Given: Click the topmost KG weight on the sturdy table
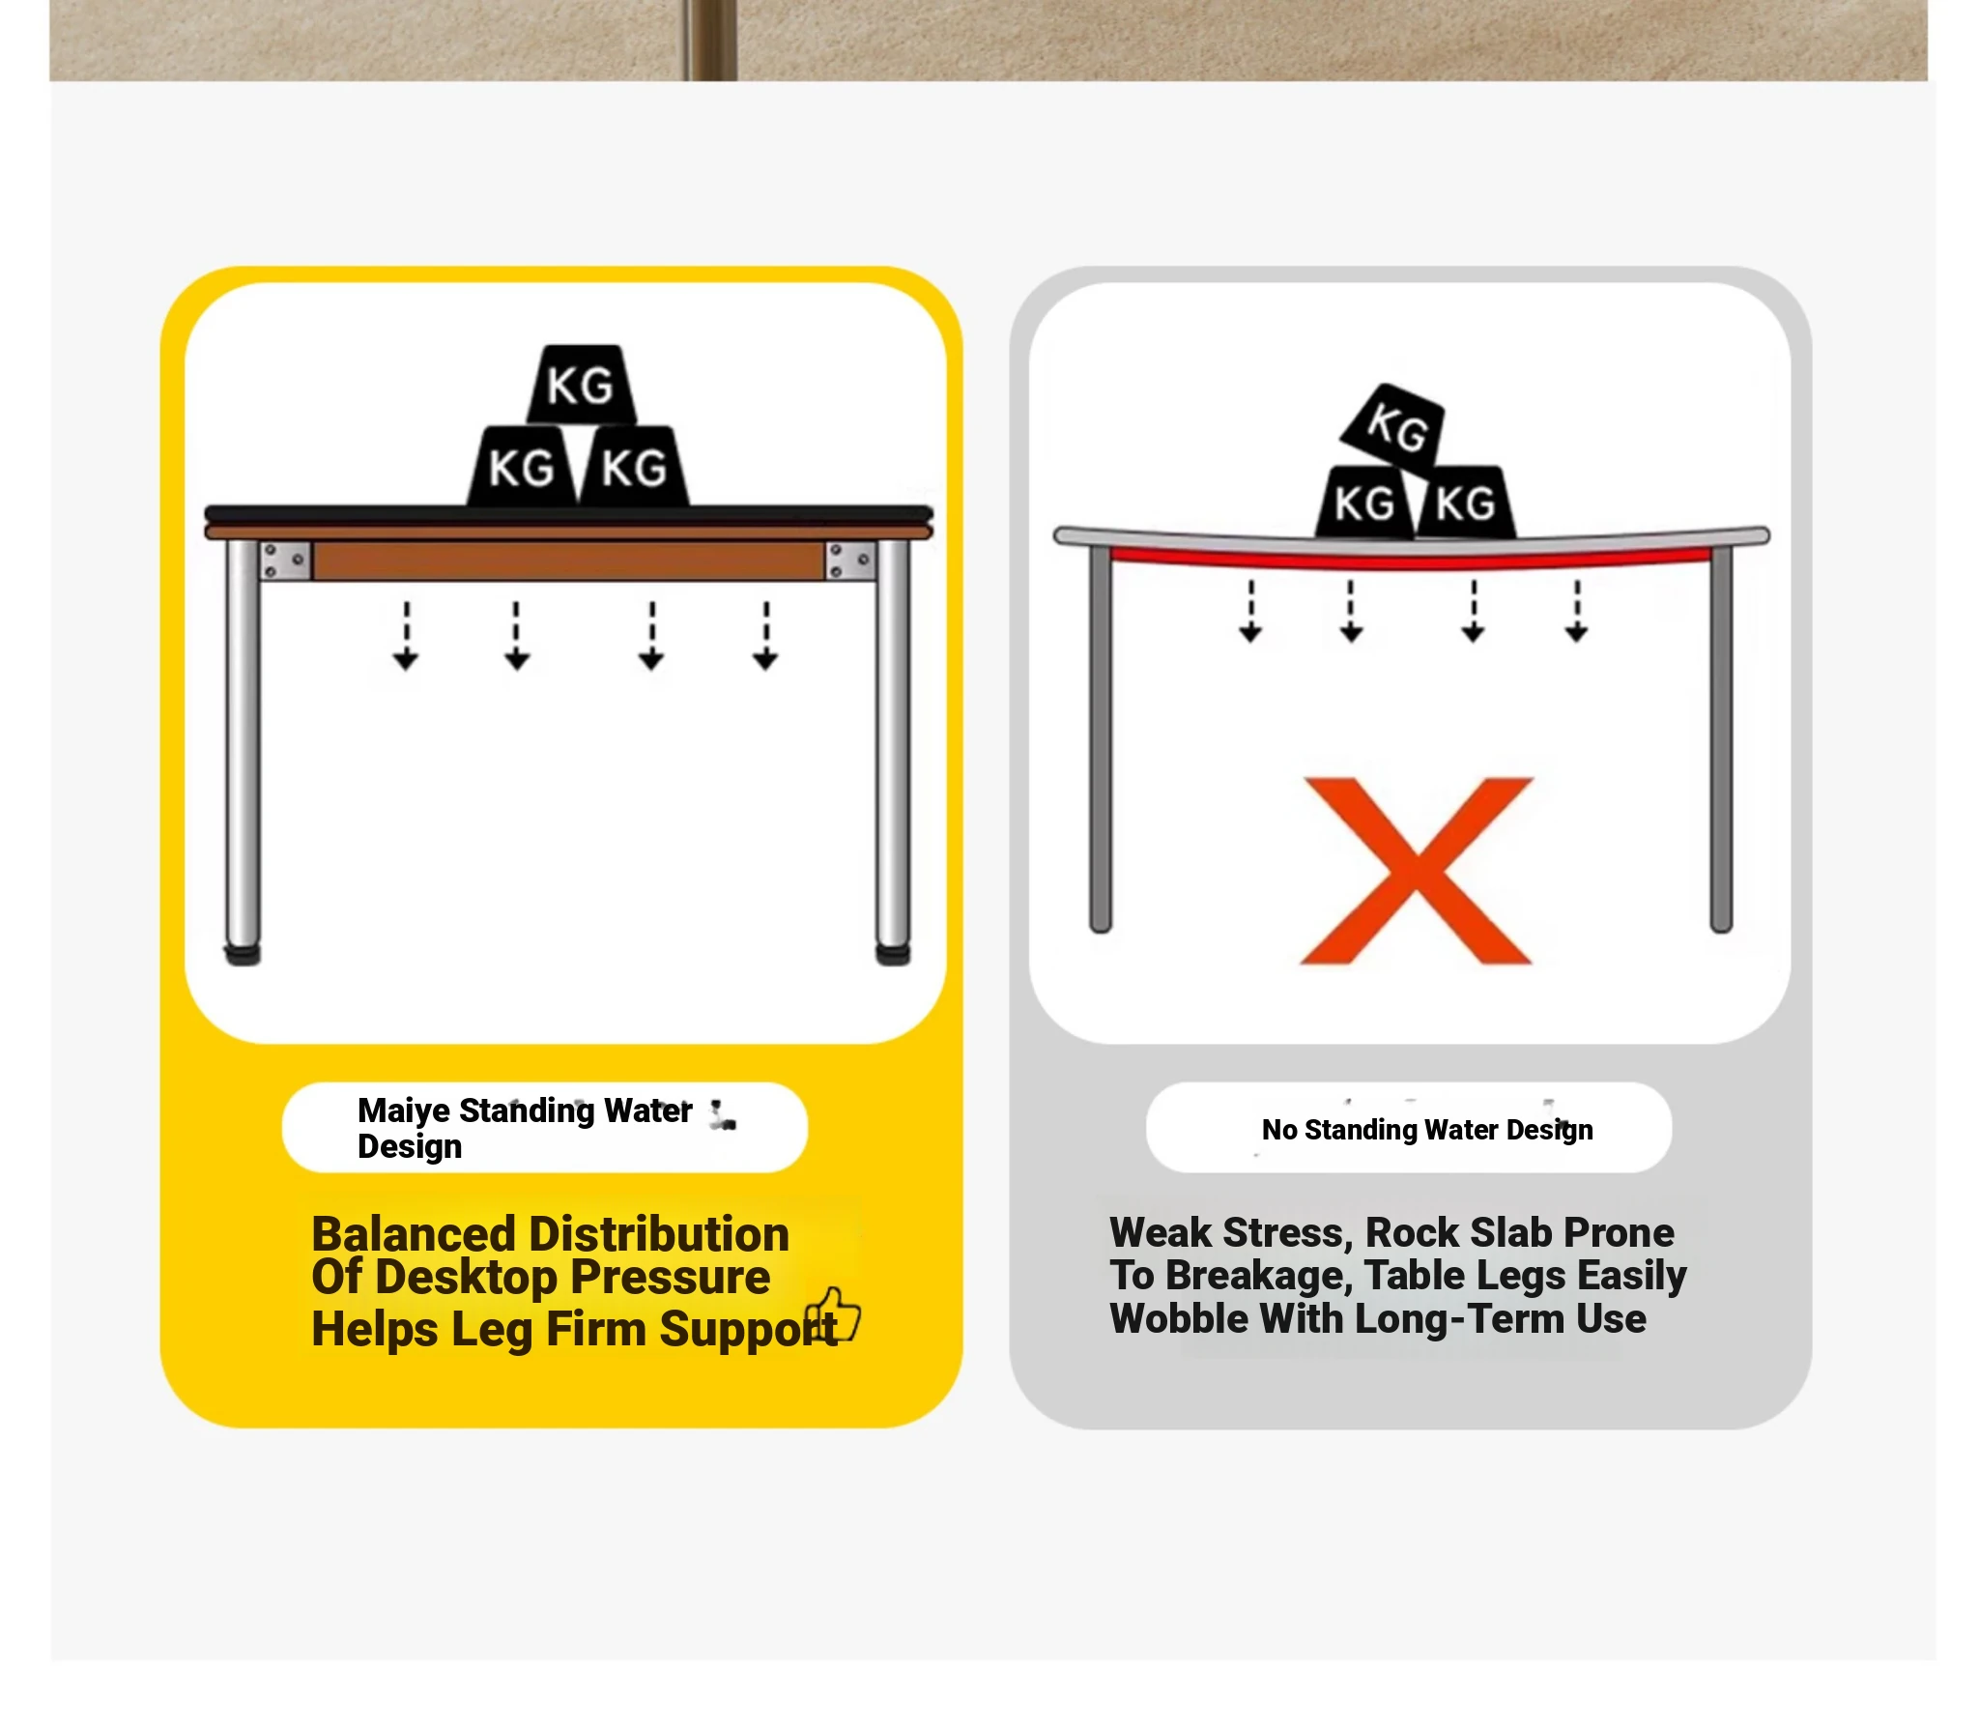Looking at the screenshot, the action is coord(581,384).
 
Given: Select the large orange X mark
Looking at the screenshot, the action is coord(1417,870).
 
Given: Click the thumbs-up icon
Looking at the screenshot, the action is coord(833,1314).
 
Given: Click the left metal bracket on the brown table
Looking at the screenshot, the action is coord(285,561).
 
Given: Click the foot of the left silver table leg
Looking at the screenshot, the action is coord(243,954).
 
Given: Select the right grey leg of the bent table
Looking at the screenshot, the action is coord(1721,738).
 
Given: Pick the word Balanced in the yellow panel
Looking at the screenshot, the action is coord(414,1234).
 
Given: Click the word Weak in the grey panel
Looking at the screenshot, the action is coord(1160,1232).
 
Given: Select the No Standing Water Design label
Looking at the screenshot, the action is coord(1426,1129).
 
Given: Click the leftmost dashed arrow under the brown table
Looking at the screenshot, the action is coord(406,635).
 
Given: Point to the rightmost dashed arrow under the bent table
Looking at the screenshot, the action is coord(1577,611).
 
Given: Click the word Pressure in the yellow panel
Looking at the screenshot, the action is coord(670,1277).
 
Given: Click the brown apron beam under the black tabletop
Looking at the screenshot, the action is coord(568,561).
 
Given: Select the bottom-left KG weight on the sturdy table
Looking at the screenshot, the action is coord(522,467).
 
